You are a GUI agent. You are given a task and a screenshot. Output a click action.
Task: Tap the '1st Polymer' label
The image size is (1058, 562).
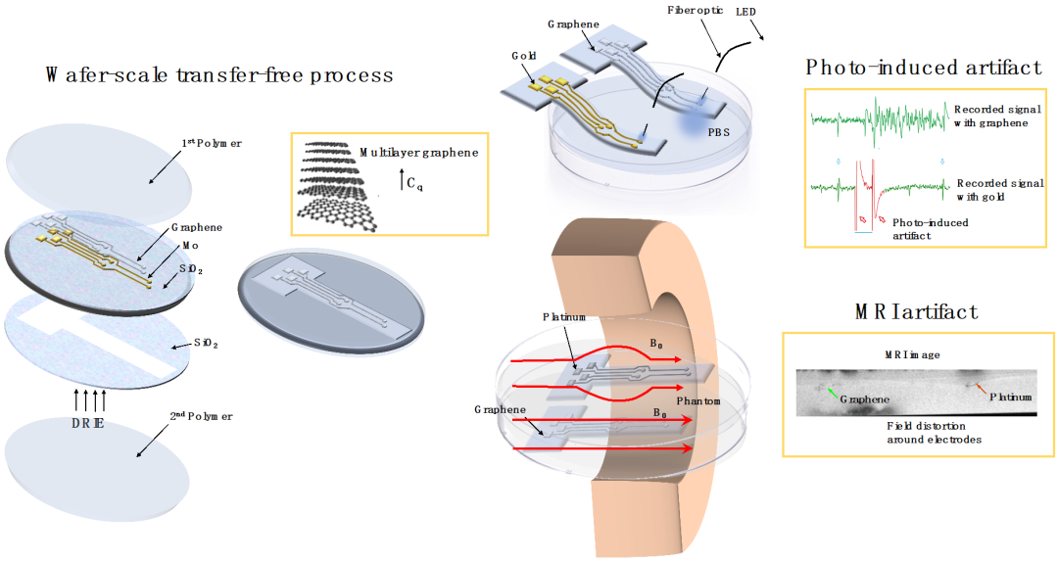(214, 144)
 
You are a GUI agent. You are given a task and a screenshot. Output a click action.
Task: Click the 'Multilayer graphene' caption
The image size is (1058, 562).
(418, 153)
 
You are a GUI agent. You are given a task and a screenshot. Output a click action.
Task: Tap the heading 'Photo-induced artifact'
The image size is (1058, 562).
(923, 68)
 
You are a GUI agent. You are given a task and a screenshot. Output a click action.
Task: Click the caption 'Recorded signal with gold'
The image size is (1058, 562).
(991, 190)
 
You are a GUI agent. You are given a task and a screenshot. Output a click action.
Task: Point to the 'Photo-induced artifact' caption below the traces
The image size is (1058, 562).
(930, 229)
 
